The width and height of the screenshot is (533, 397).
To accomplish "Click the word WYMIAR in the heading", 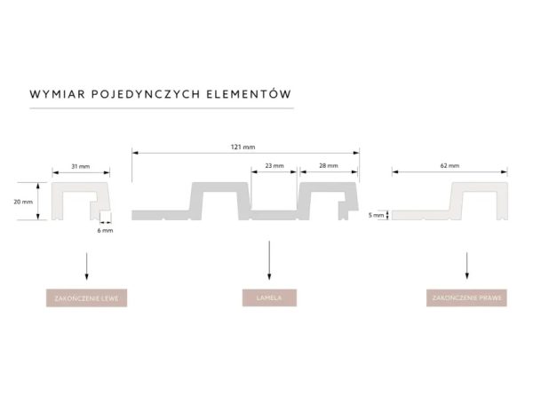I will (x=58, y=92).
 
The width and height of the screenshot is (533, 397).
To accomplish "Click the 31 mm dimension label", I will (x=81, y=166).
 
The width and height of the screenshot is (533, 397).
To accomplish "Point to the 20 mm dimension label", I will (x=23, y=202).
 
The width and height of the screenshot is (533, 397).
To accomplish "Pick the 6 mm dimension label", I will (x=106, y=231).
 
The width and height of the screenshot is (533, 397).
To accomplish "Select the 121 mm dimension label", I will (x=245, y=145).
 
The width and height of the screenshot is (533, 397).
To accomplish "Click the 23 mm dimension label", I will (x=274, y=166).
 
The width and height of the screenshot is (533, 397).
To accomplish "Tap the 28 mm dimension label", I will (x=328, y=166).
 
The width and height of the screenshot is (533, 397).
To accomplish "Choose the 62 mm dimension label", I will (x=449, y=166).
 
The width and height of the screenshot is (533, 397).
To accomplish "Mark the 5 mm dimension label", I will (x=377, y=214).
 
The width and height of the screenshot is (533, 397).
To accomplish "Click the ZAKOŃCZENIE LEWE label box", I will (x=86, y=298).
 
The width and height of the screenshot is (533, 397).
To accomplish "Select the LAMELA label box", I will (x=268, y=298).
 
